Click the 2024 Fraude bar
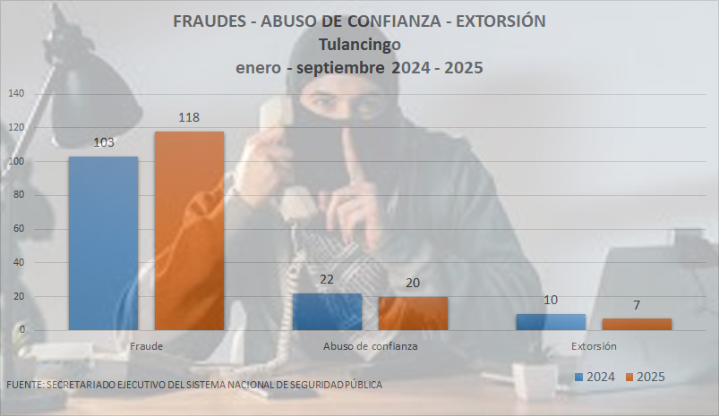click(x=103, y=243)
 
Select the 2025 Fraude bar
click(x=189, y=231)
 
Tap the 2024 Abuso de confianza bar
click(x=327, y=311)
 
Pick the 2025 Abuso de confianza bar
click(x=413, y=313)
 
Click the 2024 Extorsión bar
click(x=551, y=322)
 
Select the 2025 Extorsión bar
click(x=637, y=324)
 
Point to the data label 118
click(x=189, y=117)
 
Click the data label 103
click(x=103, y=142)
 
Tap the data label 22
click(x=327, y=279)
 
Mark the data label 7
click(x=637, y=305)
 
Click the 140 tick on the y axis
click(x=16, y=94)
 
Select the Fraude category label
click(x=146, y=345)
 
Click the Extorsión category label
click(x=594, y=345)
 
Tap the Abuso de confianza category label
click(x=370, y=345)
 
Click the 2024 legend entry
click(x=595, y=377)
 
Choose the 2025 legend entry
click(x=645, y=377)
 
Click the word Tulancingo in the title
click(x=359, y=44)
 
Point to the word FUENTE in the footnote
click(x=23, y=385)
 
